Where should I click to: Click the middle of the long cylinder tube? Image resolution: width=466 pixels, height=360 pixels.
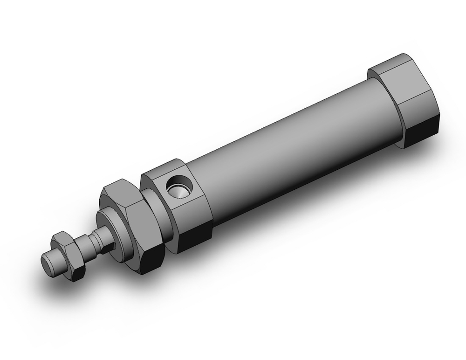289,140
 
